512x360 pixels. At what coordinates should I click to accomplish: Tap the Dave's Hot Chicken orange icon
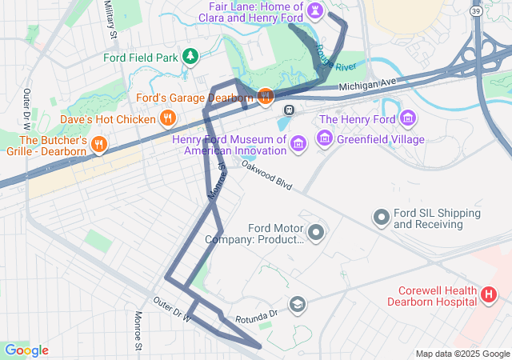pos(167,119)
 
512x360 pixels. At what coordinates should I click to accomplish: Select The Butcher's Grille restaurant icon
pos(99,144)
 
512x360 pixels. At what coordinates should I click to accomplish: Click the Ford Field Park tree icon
pos(190,57)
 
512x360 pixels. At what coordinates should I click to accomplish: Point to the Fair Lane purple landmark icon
pos(317,10)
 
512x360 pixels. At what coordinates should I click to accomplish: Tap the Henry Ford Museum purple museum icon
pos(298,143)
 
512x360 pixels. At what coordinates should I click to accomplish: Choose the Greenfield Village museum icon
pos(324,139)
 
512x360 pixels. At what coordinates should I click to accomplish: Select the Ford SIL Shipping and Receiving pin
pos(382,216)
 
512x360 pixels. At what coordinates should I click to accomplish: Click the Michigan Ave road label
pos(367,84)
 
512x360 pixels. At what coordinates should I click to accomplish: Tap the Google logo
pos(26,350)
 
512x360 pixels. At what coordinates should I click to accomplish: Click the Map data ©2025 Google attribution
pos(462,354)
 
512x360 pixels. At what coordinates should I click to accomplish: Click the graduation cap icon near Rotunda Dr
pos(298,304)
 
